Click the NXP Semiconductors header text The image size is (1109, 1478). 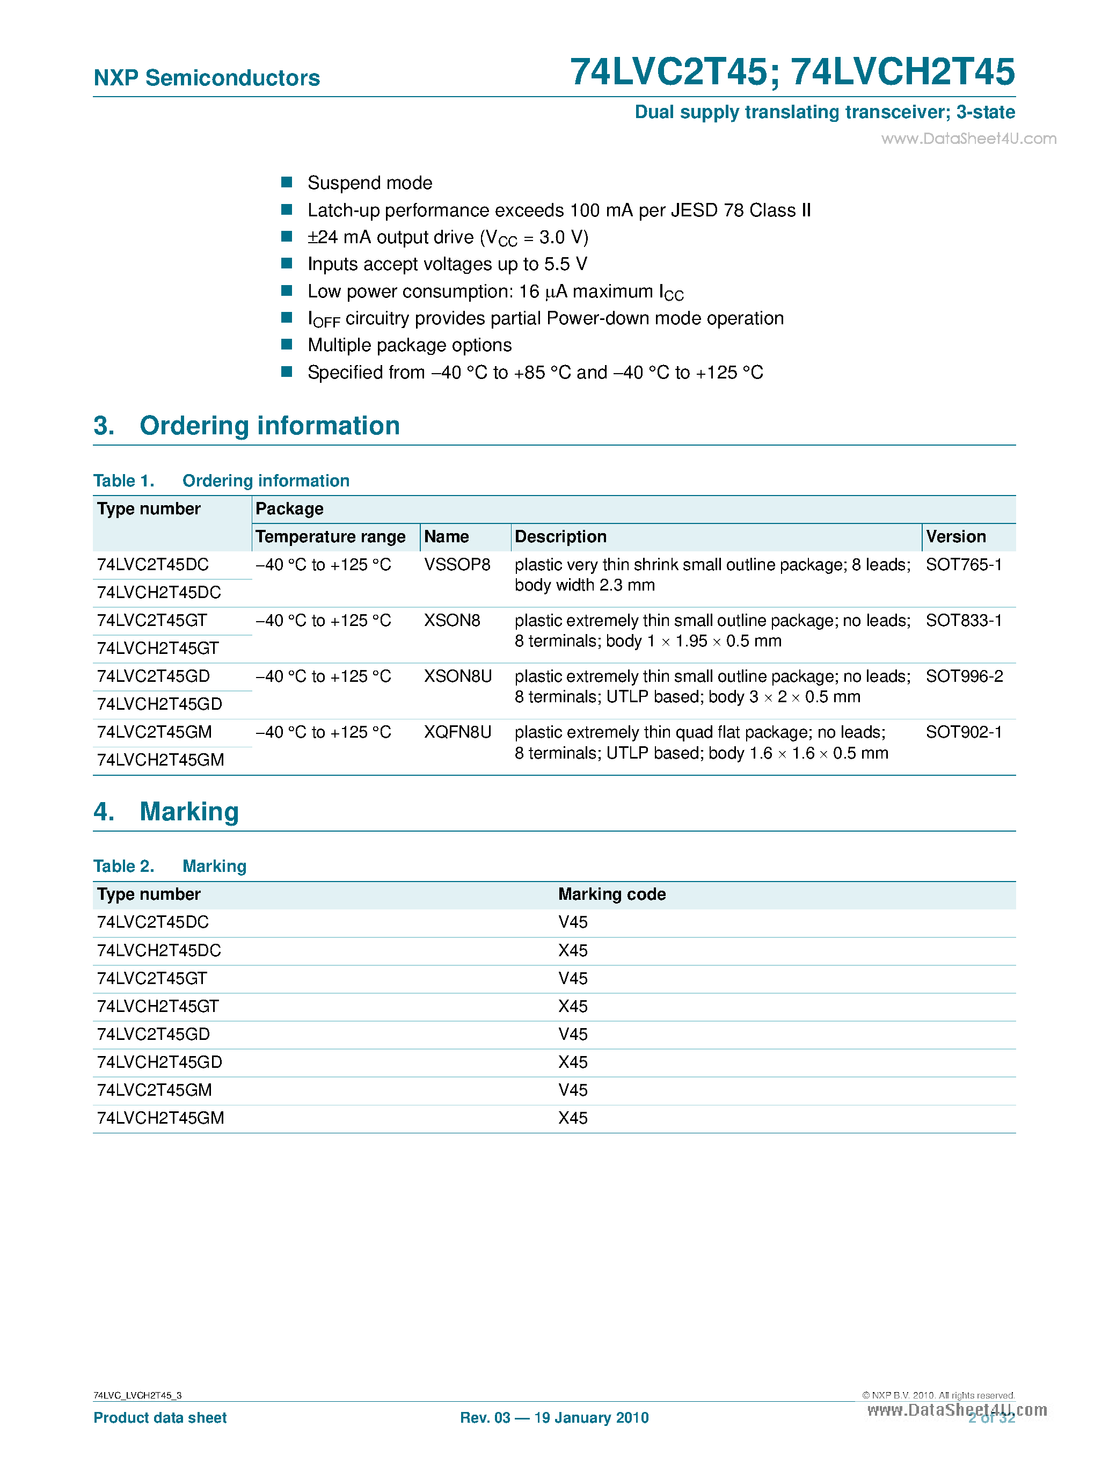pyautogui.click(x=207, y=78)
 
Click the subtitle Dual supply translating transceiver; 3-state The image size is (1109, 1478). pyautogui.click(x=825, y=112)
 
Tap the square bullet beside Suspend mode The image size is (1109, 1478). pyautogui.click(x=287, y=183)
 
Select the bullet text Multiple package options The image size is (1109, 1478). pyautogui.click(x=410, y=345)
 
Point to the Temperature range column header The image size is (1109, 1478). pyautogui.click(x=331, y=536)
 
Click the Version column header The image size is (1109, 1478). pyautogui.click(x=955, y=536)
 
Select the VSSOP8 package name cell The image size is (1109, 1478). pyautogui.click(x=457, y=565)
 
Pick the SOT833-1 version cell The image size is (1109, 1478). pyautogui.click(x=964, y=621)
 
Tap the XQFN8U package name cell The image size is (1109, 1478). pyautogui.click(x=458, y=732)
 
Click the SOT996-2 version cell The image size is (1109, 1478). pyautogui.click(x=964, y=676)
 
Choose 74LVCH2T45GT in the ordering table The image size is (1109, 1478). pyautogui.click(x=158, y=648)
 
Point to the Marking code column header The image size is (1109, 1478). pyautogui.click(x=611, y=894)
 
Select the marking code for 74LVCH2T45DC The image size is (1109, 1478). pyautogui.click(x=573, y=950)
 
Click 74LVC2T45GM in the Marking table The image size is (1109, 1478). pyautogui.click(x=154, y=1090)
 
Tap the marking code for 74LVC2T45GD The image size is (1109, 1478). pyautogui.click(x=573, y=1035)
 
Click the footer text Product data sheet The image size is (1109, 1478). pyautogui.click(x=159, y=1418)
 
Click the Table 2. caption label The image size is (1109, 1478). pyautogui.click(x=123, y=867)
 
